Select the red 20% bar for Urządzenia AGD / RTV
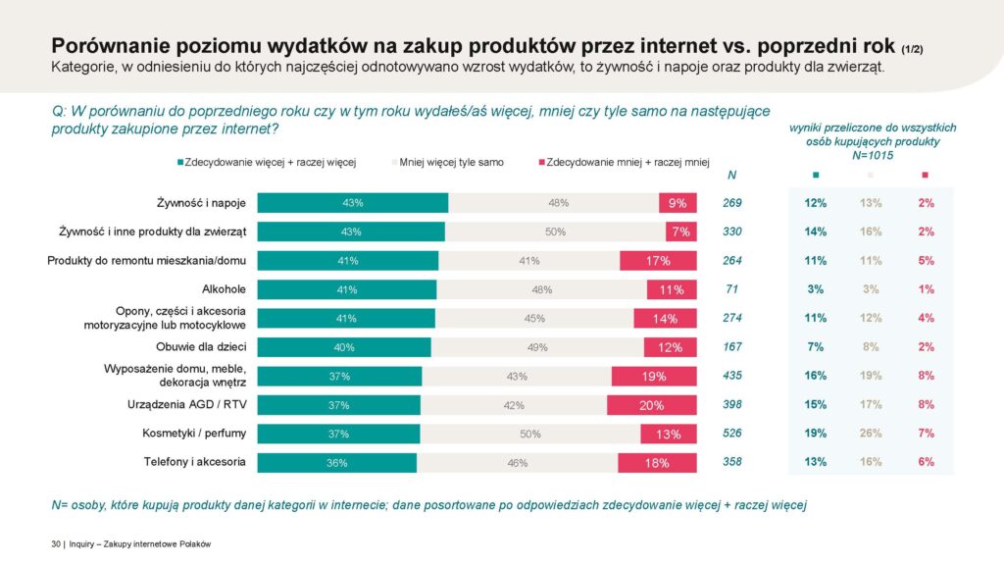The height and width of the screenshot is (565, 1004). [652, 405]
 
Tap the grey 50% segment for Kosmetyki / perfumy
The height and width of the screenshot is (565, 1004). [530, 434]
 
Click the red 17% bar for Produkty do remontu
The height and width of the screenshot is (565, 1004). [658, 261]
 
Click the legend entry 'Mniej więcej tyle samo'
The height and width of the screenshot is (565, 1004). [451, 162]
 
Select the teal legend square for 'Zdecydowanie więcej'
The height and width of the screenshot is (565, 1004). [179, 162]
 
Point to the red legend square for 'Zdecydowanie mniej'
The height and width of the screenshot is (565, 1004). [541, 162]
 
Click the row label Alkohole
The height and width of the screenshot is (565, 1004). [224, 289]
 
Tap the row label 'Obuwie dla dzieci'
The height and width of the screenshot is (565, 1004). [201, 347]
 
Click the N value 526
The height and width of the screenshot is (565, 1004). [732, 434]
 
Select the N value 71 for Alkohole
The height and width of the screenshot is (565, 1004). [732, 289]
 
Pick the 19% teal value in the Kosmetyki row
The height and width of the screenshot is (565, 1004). [816, 434]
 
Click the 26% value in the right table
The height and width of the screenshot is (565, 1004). [870, 434]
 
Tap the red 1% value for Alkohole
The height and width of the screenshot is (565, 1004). [926, 289]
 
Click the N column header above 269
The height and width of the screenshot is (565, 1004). [732, 175]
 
